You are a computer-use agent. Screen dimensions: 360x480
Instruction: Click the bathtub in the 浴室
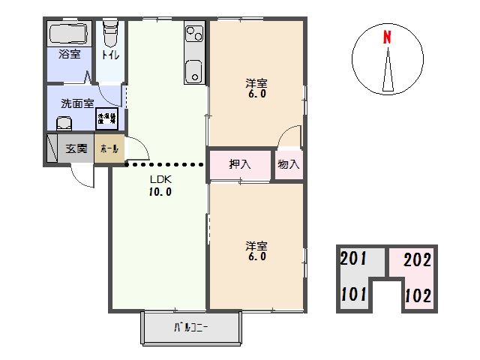point(70,34)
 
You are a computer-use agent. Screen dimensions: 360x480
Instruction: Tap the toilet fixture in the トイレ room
point(111,35)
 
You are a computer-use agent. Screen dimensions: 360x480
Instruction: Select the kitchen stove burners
point(194,33)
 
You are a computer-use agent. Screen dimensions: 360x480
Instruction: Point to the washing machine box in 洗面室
point(105,118)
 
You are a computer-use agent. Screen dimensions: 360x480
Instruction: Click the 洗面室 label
point(77,104)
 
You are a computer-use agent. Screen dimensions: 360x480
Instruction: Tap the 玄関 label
point(76,148)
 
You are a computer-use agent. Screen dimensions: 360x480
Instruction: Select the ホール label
point(107,149)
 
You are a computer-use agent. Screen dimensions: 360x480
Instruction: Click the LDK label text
point(160,179)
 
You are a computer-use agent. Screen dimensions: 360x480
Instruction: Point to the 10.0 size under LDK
point(160,191)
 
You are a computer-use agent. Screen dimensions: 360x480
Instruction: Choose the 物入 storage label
point(288,164)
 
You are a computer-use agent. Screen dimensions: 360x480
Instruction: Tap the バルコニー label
point(191,327)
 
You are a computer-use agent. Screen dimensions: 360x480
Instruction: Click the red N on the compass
point(388,37)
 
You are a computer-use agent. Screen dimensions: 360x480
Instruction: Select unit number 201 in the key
point(353,260)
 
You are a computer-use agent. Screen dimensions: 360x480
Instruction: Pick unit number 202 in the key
point(417,261)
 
